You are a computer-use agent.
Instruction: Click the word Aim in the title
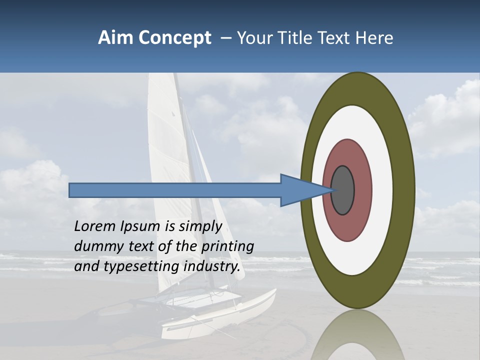coord(115,38)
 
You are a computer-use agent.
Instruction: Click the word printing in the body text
coord(227,246)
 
